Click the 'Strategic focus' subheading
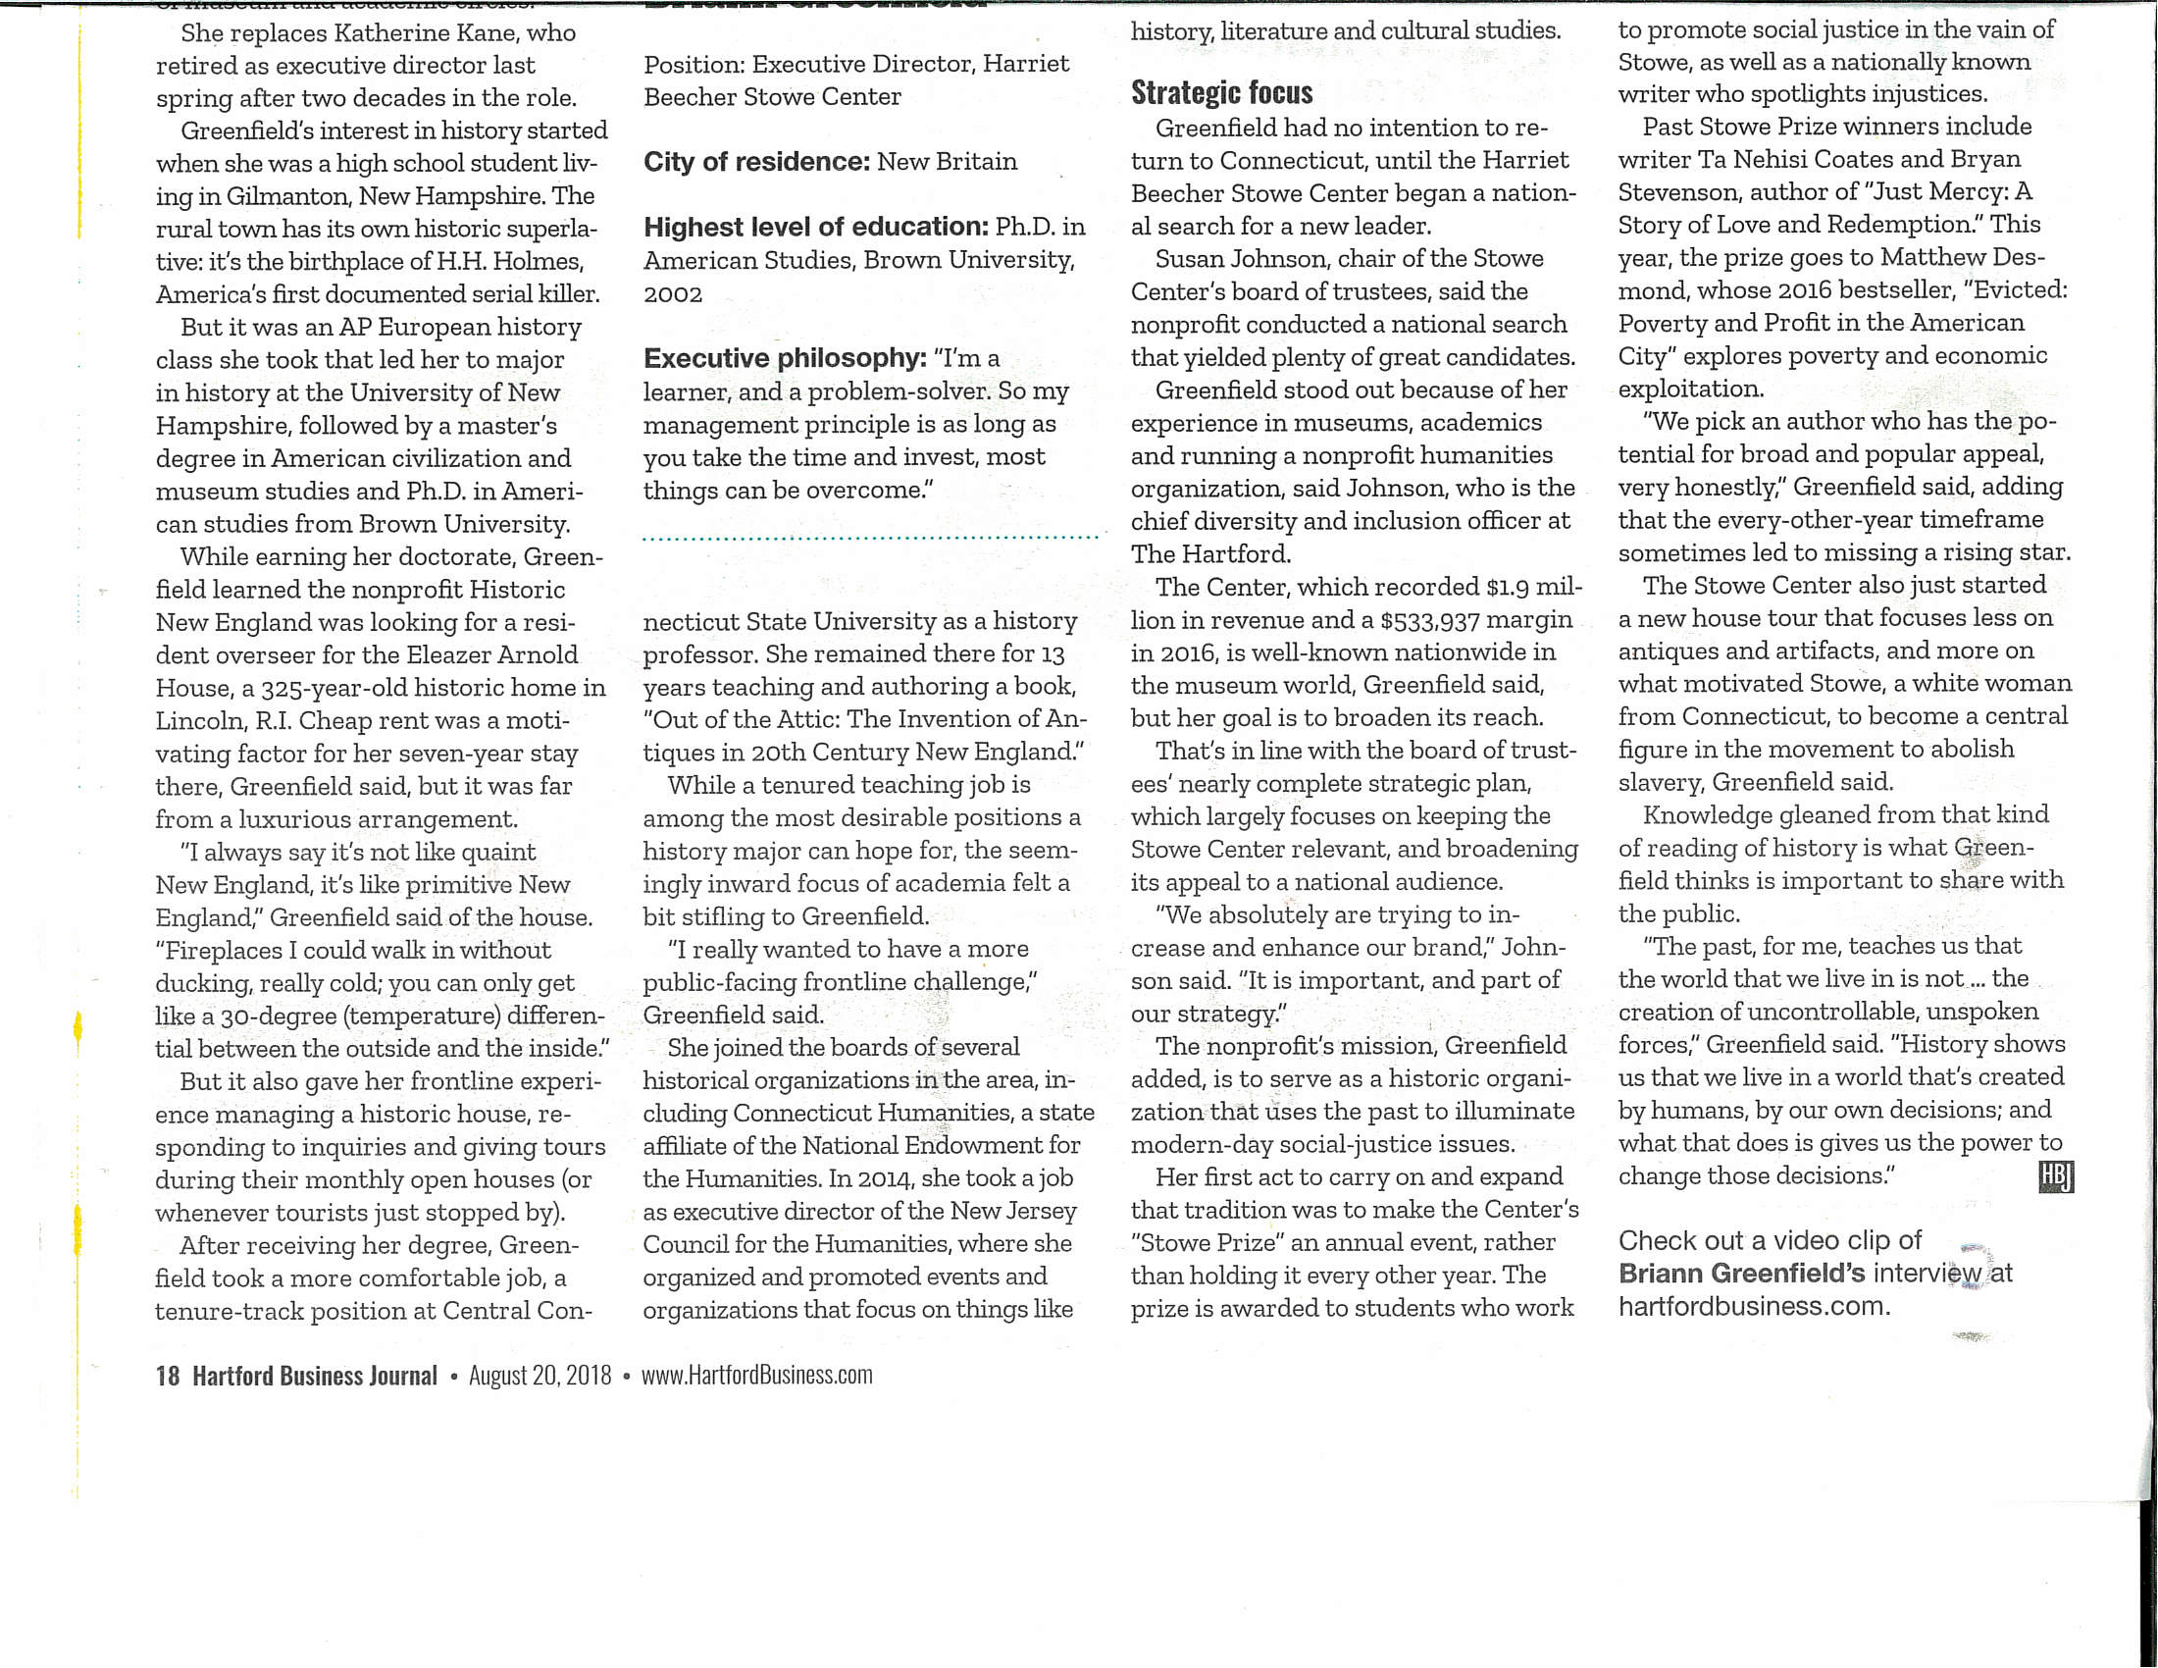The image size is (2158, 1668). pyautogui.click(x=1221, y=93)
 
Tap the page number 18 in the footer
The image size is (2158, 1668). pyautogui.click(x=167, y=1376)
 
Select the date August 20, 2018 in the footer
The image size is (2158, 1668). pyautogui.click(x=539, y=1376)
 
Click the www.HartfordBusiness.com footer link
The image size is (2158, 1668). pyautogui.click(x=757, y=1376)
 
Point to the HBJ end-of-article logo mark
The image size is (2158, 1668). pyautogui.click(x=2055, y=1176)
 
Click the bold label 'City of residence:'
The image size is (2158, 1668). pyautogui.click(x=756, y=162)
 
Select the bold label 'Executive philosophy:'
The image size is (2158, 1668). pyautogui.click(x=785, y=358)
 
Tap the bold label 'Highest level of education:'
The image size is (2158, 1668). pyautogui.click(x=815, y=228)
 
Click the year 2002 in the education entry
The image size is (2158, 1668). pyautogui.click(x=673, y=294)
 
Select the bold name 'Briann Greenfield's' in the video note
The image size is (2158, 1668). pyautogui.click(x=1741, y=1274)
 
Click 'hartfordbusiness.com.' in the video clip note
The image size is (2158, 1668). pyautogui.click(x=1754, y=1306)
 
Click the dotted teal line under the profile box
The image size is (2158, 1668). pyautogui.click(x=869, y=539)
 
